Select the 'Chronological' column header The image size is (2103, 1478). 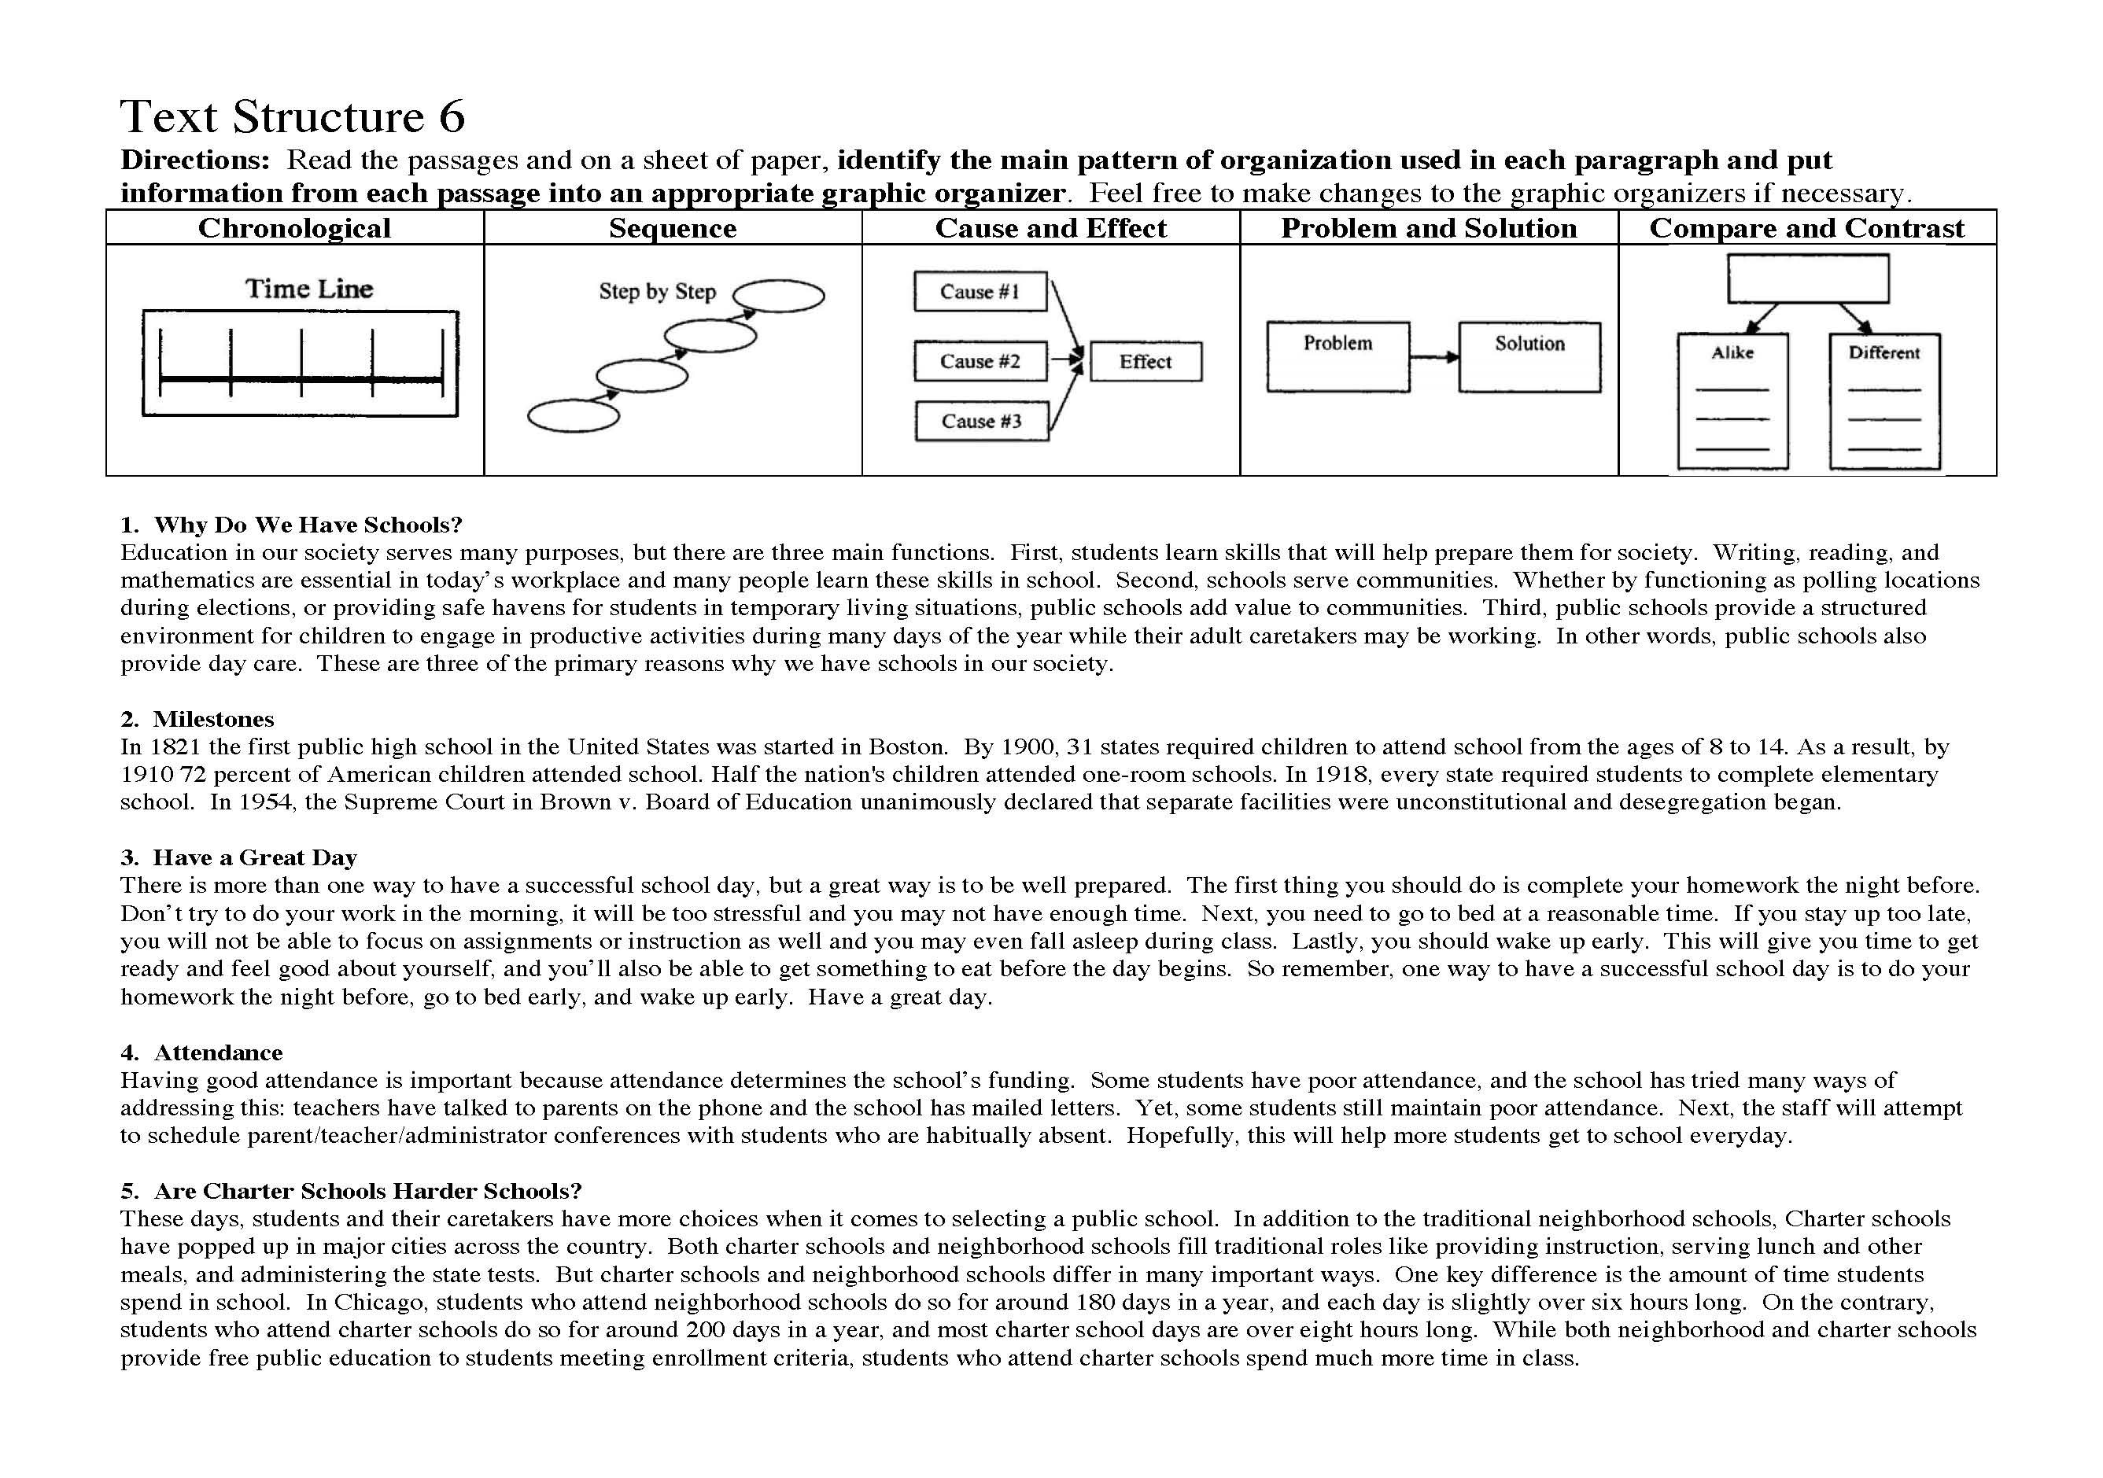[x=294, y=228]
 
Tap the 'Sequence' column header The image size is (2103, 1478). [x=673, y=228]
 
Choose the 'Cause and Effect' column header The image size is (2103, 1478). [x=1050, y=228]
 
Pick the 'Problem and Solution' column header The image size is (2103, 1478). [x=1429, y=228]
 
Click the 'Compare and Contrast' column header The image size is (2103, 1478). [x=1806, y=228]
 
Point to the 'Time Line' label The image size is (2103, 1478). [x=308, y=289]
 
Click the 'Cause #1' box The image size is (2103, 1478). [x=980, y=292]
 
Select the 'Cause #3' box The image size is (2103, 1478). [x=981, y=422]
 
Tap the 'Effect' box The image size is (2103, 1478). [x=1145, y=362]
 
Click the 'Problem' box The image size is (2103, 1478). [x=1337, y=356]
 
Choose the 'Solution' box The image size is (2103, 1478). [x=1529, y=356]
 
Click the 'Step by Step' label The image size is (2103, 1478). [x=657, y=292]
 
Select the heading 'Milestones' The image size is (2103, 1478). [x=213, y=719]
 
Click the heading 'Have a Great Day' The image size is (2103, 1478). [x=255, y=857]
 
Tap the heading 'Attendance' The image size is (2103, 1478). [x=218, y=1052]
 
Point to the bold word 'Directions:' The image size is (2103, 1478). [x=195, y=160]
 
